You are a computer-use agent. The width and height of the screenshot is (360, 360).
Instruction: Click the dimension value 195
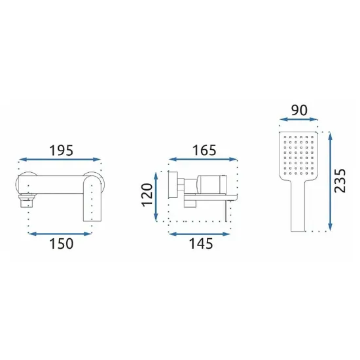tap(62, 151)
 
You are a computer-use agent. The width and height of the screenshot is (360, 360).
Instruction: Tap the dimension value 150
tap(62, 244)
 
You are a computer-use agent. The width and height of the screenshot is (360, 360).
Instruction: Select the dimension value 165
tap(204, 151)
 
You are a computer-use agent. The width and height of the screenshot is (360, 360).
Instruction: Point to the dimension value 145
tap(201, 244)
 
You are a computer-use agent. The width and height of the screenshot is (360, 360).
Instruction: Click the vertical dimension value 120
tap(147, 195)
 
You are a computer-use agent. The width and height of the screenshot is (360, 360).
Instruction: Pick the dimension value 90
tap(299, 110)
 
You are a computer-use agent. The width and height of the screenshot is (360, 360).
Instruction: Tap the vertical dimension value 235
tap(340, 181)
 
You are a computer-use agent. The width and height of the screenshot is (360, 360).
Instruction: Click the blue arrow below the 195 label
tap(60, 159)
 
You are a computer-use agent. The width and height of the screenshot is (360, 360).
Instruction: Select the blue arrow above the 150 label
tap(60, 234)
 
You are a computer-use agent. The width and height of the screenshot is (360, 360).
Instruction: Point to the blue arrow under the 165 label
tap(203, 159)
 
